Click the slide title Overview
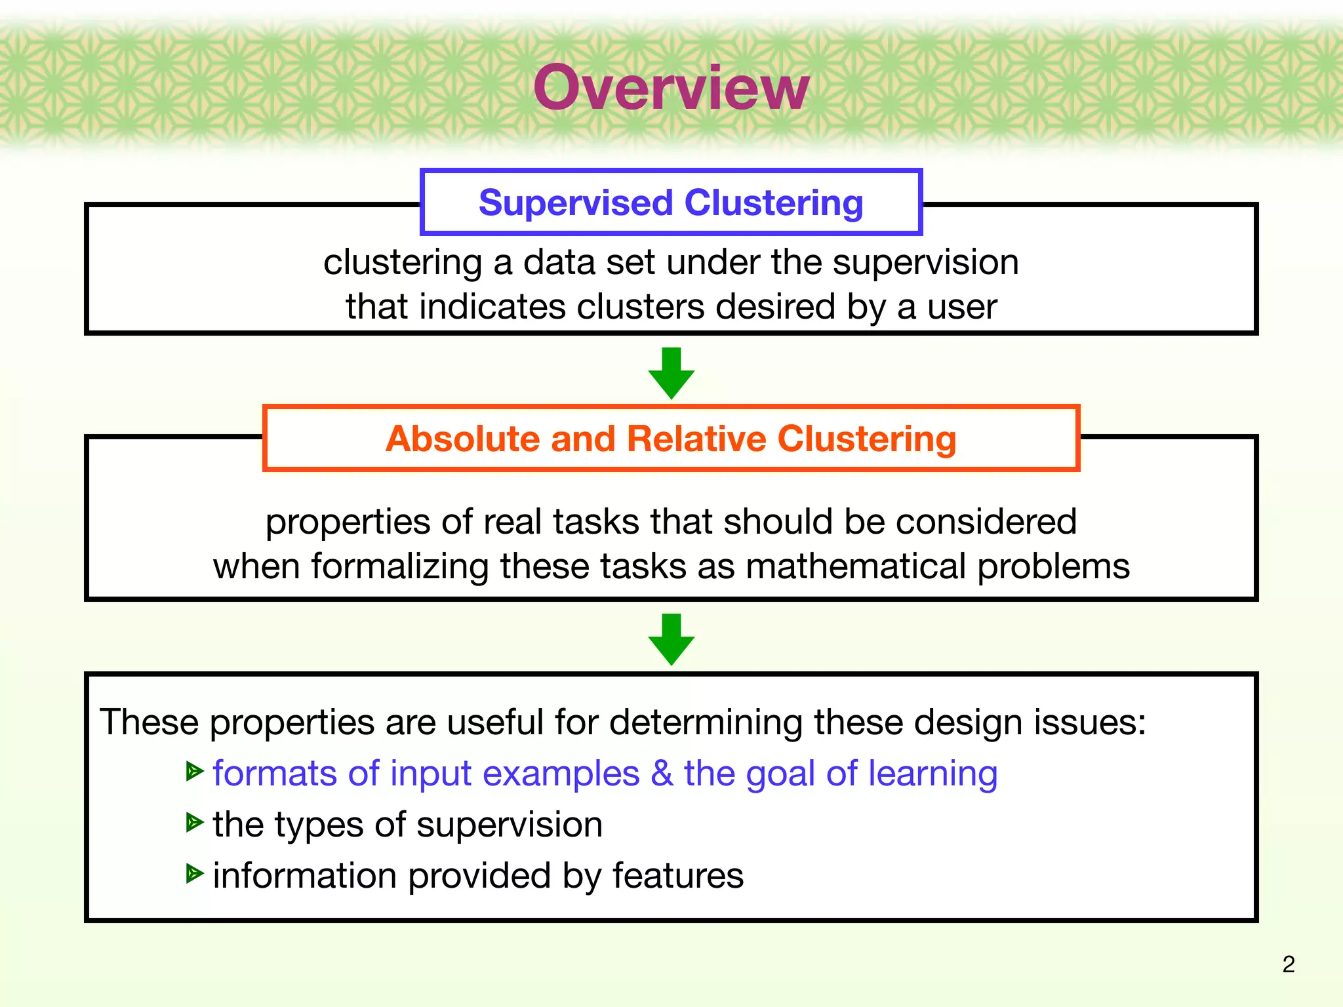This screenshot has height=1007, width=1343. tap(671, 88)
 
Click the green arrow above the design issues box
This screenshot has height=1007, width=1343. tap(671, 640)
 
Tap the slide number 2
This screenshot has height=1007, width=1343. tap(1288, 964)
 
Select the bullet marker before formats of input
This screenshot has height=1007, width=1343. tap(194, 772)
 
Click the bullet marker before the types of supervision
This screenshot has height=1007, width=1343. tap(194, 822)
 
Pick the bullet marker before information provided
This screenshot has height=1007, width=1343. tap(194, 873)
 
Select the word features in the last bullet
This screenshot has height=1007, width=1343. tap(678, 876)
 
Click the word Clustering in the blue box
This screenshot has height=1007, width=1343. tap(774, 203)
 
